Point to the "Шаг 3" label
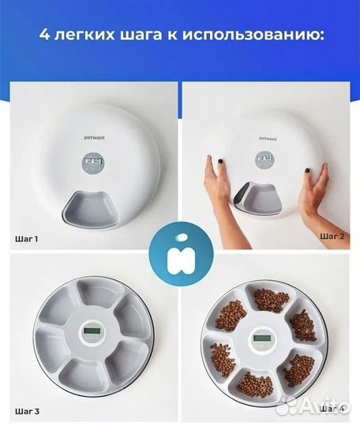click(25, 411)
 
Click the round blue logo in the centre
click(179, 252)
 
